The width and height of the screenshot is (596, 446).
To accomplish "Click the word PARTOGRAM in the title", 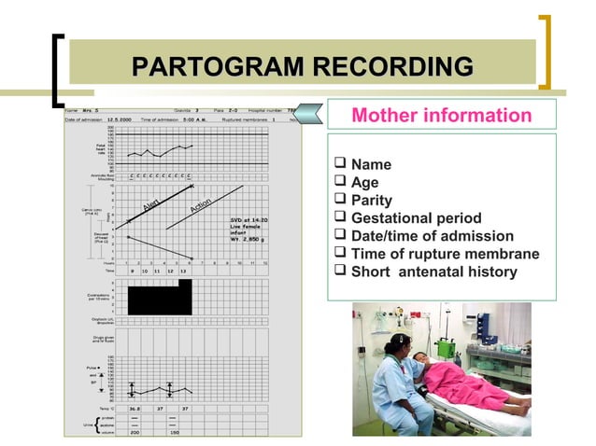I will point(219,67).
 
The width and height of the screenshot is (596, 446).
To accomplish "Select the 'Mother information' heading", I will point(441,116).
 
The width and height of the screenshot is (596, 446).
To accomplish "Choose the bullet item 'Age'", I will point(364,183).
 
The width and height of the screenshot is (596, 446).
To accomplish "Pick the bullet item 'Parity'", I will point(371,201).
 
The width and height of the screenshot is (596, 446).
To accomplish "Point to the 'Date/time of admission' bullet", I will point(432,236).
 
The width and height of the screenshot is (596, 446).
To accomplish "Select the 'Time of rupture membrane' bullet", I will point(444,254).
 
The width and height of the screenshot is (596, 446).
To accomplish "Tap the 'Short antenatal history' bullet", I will point(433,272).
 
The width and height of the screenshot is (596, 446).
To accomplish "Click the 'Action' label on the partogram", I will point(201,204).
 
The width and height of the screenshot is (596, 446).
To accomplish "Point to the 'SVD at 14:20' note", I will point(248,220).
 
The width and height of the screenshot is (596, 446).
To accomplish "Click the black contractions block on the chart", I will point(159,299).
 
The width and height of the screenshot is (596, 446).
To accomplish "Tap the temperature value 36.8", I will point(135,408).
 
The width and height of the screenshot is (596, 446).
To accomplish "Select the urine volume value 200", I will point(135,433).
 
